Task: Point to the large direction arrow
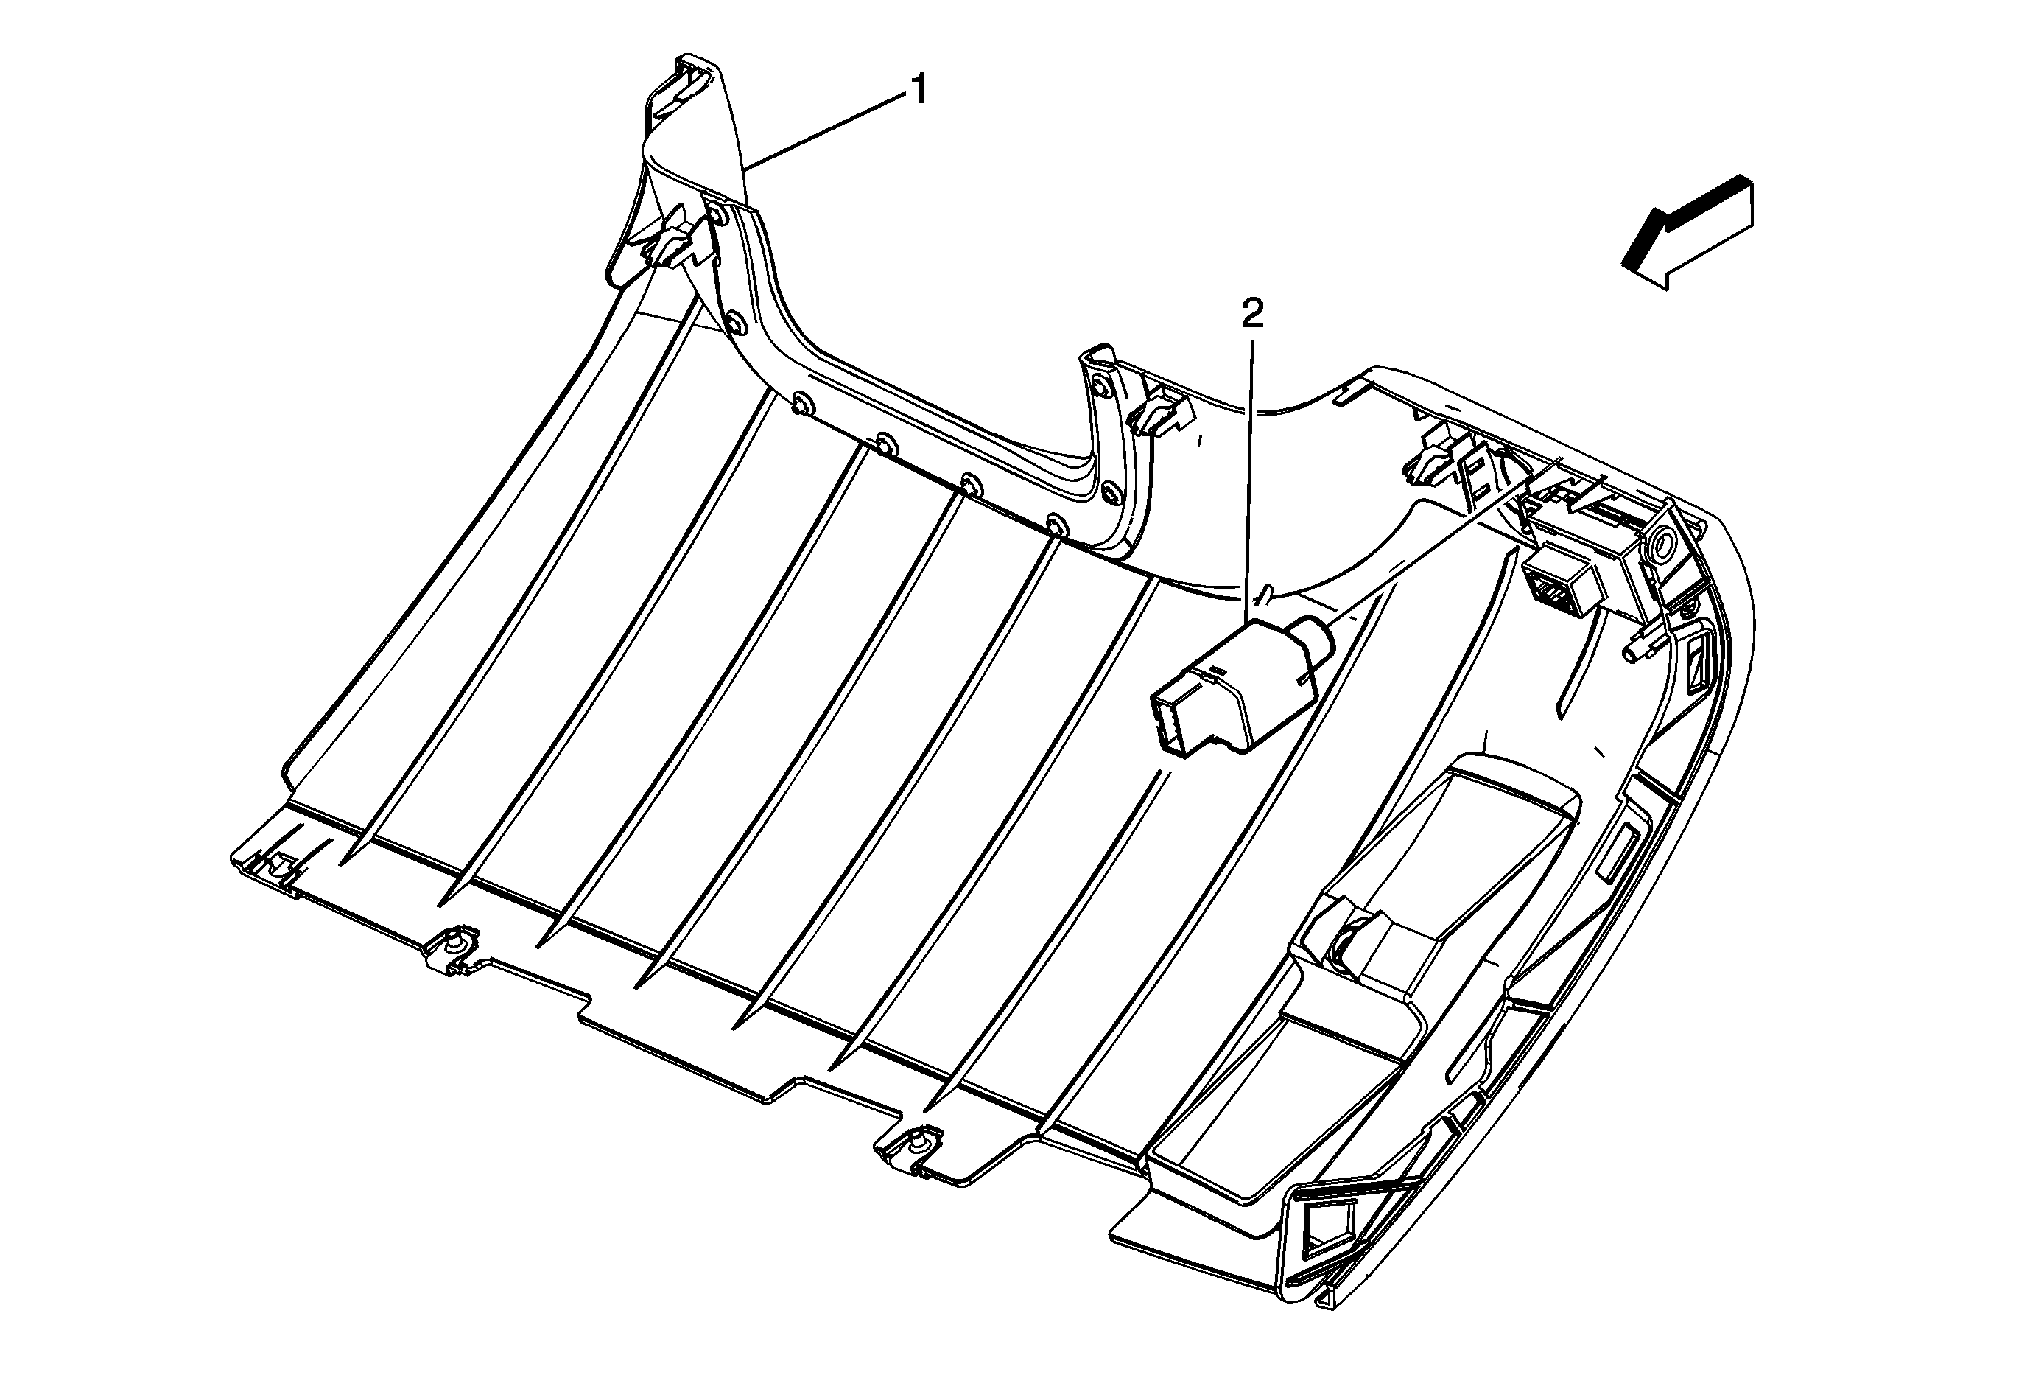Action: pyautogui.click(x=1687, y=234)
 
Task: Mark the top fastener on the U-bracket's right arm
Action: pyautogui.click(x=1098, y=385)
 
